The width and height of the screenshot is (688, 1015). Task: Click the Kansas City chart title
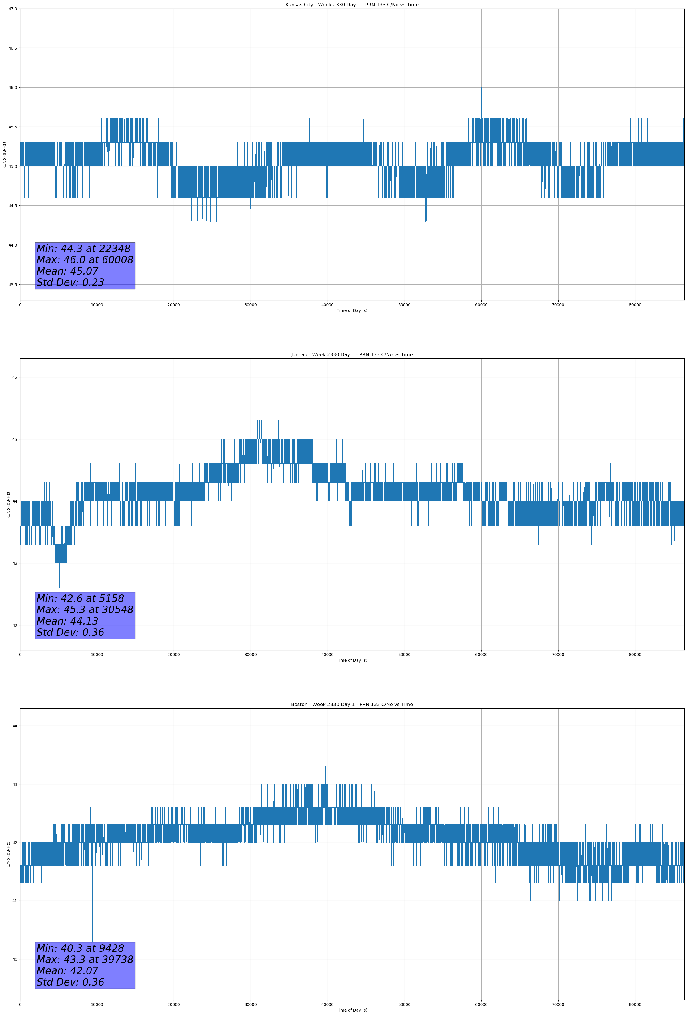tap(352, 5)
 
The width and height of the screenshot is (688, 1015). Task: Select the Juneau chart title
tap(352, 355)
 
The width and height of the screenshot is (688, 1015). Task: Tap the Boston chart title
tap(352, 705)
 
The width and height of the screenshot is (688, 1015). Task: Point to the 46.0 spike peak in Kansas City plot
tap(481, 88)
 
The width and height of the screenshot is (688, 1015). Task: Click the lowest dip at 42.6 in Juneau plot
tap(60, 587)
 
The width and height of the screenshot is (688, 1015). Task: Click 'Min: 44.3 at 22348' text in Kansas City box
tap(83, 249)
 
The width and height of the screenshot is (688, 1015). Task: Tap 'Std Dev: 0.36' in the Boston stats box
tap(70, 982)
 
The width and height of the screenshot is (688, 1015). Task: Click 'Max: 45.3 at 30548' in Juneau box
tap(85, 609)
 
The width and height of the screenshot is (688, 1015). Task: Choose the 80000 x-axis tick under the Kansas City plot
tap(635, 305)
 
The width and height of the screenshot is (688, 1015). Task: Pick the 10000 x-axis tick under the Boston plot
tap(97, 1004)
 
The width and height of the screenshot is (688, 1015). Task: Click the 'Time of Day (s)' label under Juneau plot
tap(352, 660)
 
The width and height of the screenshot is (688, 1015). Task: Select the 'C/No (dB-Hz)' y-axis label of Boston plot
tap(8, 854)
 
